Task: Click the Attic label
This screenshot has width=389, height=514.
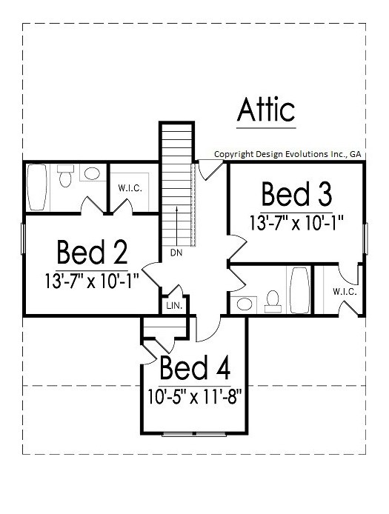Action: (x=266, y=109)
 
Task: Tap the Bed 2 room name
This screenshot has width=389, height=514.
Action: (x=92, y=252)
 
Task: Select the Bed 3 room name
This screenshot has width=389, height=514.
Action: (x=296, y=194)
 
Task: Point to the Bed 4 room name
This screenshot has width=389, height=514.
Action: (x=195, y=367)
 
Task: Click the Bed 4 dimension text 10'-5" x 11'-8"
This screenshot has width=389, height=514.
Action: (x=194, y=397)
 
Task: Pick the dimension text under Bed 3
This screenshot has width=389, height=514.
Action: (x=296, y=223)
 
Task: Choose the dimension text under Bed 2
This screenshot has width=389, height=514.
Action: (x=92, y=281)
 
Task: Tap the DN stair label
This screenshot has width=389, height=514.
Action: (x=176, y=253)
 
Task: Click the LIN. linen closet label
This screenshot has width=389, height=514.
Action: (x=174, y=306)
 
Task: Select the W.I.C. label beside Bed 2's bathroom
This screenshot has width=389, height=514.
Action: (x=130, y=188)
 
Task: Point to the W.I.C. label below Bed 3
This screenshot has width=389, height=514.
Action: (x=345, y=291)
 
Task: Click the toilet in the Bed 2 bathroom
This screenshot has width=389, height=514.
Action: (x=65, y=176)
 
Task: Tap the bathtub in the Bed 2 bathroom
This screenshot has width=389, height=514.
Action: (x=37, y=187)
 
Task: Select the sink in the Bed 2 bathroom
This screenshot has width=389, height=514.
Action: (x=92, y=173)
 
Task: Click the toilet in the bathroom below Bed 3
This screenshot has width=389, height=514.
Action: (x=273, y=301)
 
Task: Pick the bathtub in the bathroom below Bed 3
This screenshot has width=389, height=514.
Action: (x=300, y=290)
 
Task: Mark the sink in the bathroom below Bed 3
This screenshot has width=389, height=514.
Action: (x=245, y=304)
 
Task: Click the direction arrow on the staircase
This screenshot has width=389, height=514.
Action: (x=177, y=226)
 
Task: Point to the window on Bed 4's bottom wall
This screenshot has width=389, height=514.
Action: (x=194, y=434)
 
